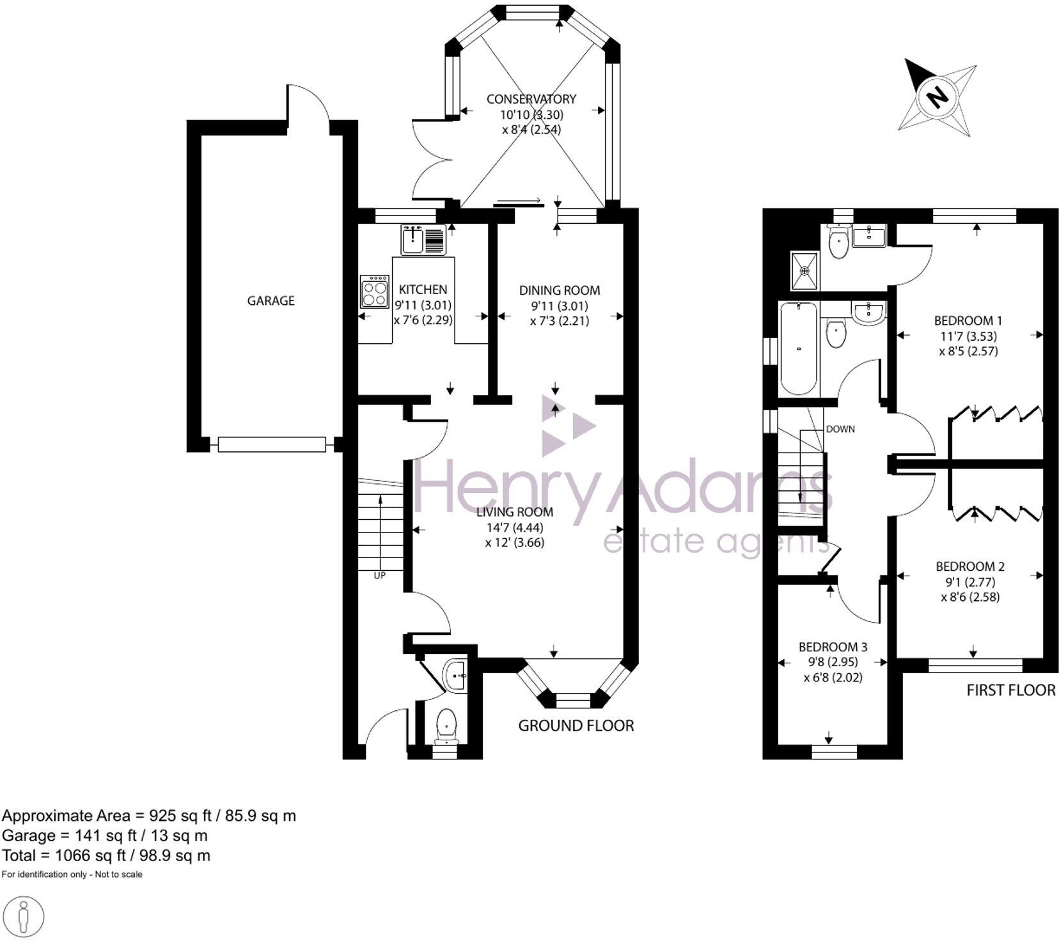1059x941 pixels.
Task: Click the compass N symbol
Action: (x=938, y=97)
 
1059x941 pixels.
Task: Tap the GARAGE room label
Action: (x=271, y=300)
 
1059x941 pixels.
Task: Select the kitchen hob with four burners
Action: (x=375, y=292)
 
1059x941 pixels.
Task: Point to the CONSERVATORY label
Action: (x=531, y=99)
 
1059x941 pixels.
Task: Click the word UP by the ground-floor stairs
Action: (x=380, y=575)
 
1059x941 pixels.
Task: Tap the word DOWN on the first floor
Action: (x=840, y=429)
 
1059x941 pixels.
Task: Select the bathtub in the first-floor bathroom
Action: (x=798, y=349)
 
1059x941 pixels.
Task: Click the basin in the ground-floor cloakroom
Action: (x=456, y=675)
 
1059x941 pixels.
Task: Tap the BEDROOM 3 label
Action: (x=833, y=647)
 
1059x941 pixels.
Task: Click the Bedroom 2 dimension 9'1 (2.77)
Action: (x=970, y=582)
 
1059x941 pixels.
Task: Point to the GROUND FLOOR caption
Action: (x=576, y=726)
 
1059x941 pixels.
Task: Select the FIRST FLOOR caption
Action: (x=1010, y=690)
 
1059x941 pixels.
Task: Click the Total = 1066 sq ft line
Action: (x=106, y=855)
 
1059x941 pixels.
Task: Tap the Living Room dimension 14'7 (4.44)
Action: (x=515, y=527)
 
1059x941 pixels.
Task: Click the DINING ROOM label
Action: (x=560, y=290)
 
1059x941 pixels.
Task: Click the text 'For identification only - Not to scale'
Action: (x=72, y=874)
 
